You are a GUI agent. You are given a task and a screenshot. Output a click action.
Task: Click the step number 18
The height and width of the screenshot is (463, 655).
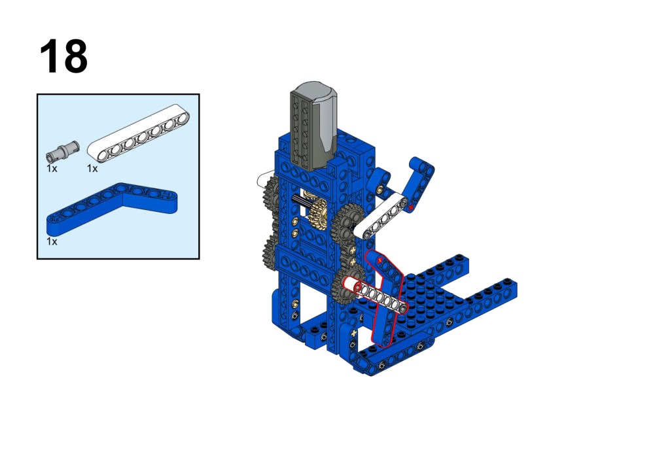(x=63, y=56)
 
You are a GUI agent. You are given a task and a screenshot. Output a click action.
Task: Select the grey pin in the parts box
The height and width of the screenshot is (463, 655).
(x=62, y=151)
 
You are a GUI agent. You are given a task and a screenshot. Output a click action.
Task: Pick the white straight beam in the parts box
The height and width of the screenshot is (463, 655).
(x=138, y=133)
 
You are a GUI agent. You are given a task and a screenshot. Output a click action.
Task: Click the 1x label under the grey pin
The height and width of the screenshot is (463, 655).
(x=52, y=169)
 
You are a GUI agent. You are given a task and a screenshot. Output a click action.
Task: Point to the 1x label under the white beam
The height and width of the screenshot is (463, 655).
(x=92, y=169)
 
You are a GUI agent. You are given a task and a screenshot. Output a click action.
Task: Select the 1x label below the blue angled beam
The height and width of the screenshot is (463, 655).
(x=52, y=242)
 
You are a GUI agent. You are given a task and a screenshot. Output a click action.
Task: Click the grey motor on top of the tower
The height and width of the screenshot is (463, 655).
(x=313, y=126)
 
